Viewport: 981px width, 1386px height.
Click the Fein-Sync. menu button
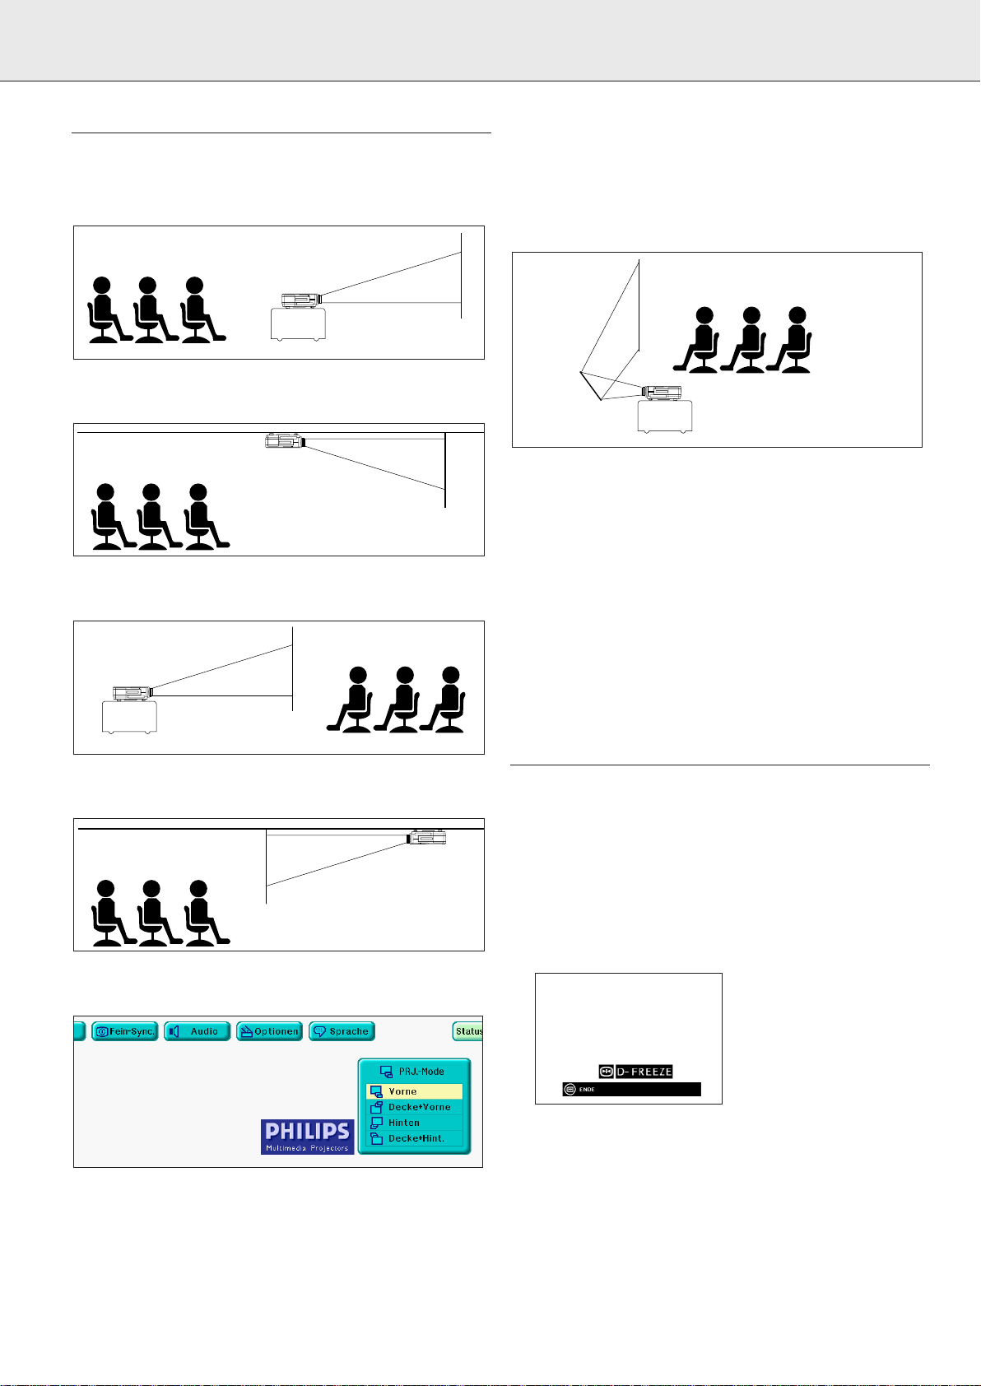(125, 1031)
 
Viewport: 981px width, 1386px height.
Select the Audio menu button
(198, 1031)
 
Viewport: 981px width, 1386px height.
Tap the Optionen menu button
(270, 1031)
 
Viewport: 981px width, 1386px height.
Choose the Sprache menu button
(342, 1031)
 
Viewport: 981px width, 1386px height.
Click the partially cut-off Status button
(467, 1031)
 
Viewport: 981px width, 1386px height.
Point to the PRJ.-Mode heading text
(421, 1072)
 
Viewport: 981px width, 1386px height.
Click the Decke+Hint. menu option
(415, 1138)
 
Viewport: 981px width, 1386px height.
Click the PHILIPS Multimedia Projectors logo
(308, 1137)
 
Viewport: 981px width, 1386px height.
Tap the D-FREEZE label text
(644, 1072)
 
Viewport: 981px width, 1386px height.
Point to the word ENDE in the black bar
(587, 1090)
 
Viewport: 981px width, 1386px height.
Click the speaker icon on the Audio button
(174, 1031)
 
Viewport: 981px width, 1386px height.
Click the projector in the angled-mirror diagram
(661, 393)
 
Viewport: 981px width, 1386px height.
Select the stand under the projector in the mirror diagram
(665, 416)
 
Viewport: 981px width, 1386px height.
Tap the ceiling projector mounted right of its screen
(426, 837)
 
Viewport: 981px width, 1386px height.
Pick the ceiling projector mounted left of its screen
(285, 440)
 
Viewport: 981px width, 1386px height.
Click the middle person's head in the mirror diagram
(751, 315)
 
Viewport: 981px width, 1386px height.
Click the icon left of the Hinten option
(376, 1123)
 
